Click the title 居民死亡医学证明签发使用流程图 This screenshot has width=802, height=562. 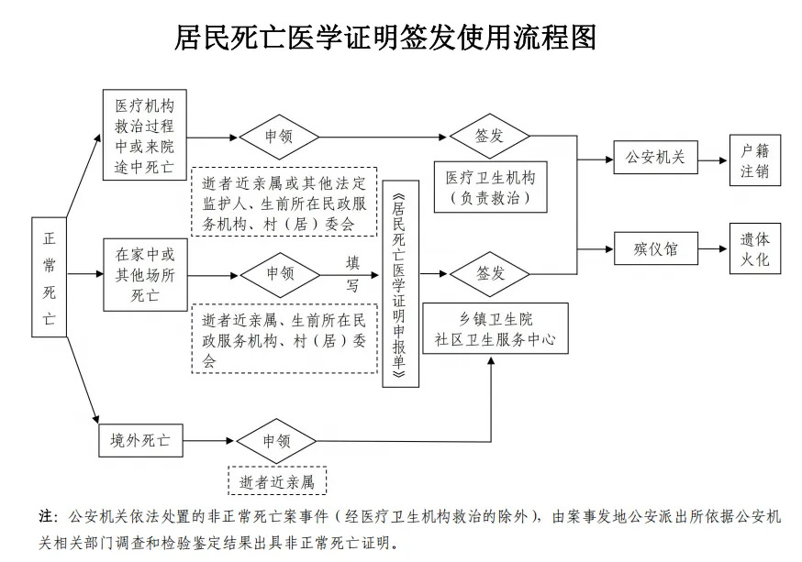tap(385, 37)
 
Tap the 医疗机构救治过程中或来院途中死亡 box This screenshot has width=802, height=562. tap(144, 134)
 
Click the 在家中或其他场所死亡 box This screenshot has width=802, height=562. tap(144, 273)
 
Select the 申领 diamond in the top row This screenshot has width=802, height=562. tap(279, 137)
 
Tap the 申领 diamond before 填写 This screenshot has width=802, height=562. tap(280, 273)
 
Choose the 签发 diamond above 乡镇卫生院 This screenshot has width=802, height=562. tap(490, 273)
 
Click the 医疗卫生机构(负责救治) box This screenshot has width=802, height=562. tap(490, 186)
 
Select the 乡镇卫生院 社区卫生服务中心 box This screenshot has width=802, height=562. tap(496, 329)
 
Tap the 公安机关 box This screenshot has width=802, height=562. tap(655, 157)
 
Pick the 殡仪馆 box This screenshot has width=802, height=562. tap(655, 248)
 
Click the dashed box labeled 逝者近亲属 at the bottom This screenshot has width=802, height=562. tap(277, 481)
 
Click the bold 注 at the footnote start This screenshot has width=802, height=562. tap(47, 516)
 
